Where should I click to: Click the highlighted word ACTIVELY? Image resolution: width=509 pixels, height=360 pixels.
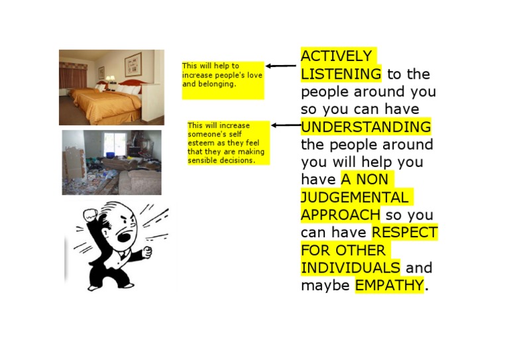[336, 56]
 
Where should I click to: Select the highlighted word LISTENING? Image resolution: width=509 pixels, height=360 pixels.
[341, 74]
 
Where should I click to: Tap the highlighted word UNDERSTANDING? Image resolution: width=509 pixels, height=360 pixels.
[365, 127]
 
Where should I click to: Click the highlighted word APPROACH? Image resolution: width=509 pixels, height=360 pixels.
[340, 215]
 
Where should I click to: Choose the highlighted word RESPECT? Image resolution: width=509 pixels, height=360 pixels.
[404, 233]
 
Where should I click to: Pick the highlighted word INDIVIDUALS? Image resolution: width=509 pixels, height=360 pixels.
[350, 268]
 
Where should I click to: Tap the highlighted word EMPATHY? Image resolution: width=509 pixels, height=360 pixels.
[388, 286]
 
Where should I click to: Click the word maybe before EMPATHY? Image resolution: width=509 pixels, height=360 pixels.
[325, 286]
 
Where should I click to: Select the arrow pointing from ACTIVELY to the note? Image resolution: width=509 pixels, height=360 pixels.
[281, 66]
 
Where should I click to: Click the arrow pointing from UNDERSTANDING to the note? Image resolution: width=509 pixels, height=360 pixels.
[286, 125]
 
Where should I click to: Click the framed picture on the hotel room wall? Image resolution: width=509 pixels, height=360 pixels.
[133, 63]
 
